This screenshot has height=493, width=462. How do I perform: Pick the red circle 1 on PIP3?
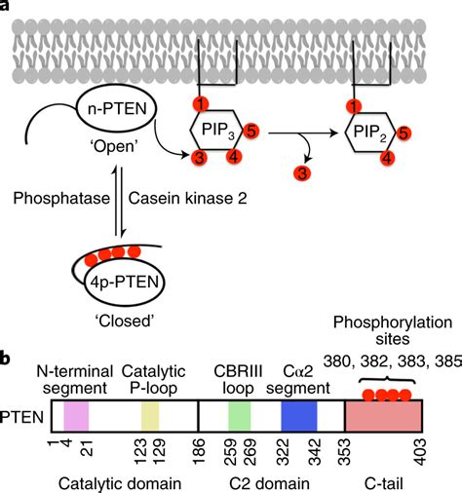(199, 104)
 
